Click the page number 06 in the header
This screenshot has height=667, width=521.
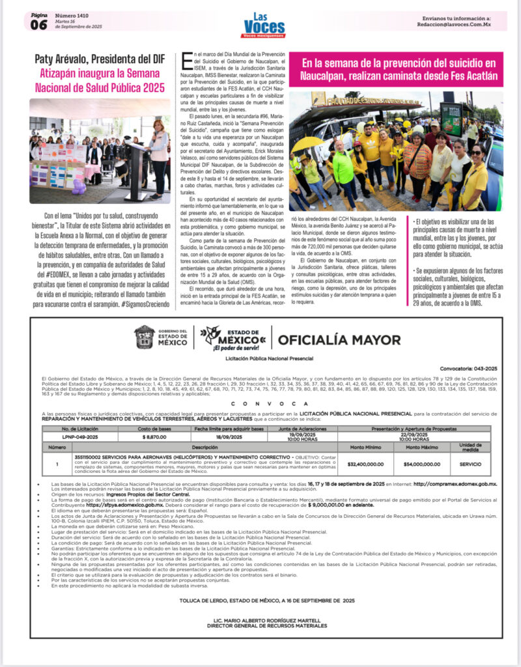39,25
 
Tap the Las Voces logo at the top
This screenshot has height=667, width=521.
264,25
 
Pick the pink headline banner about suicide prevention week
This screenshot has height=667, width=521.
399,69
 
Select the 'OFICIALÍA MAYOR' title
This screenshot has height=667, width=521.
339,339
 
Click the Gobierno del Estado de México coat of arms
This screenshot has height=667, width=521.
145,337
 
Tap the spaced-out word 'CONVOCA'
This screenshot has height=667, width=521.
260,403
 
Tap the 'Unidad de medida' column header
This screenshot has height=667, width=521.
470,447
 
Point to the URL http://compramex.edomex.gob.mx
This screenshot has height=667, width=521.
455,484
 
